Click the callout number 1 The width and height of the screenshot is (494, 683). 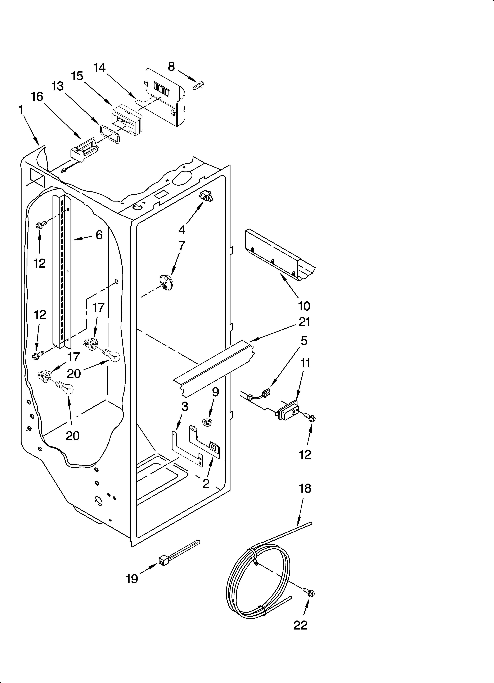[21, 110]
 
